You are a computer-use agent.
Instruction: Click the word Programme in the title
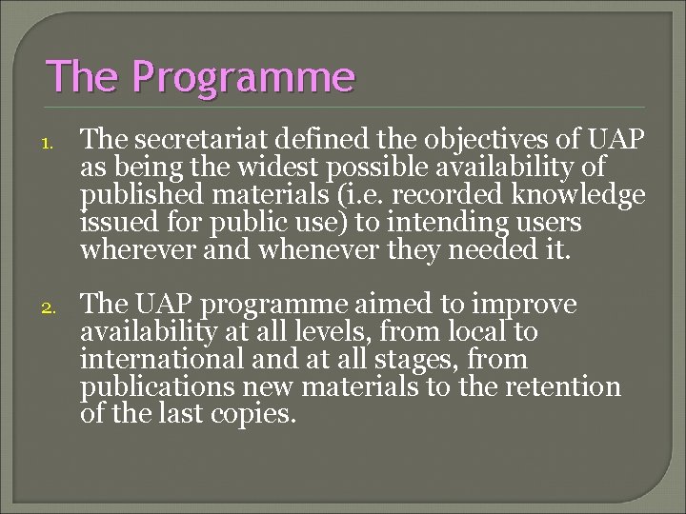(243, 76)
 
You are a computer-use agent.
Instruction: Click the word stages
(415, 360)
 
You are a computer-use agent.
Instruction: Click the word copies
(257, 415)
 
